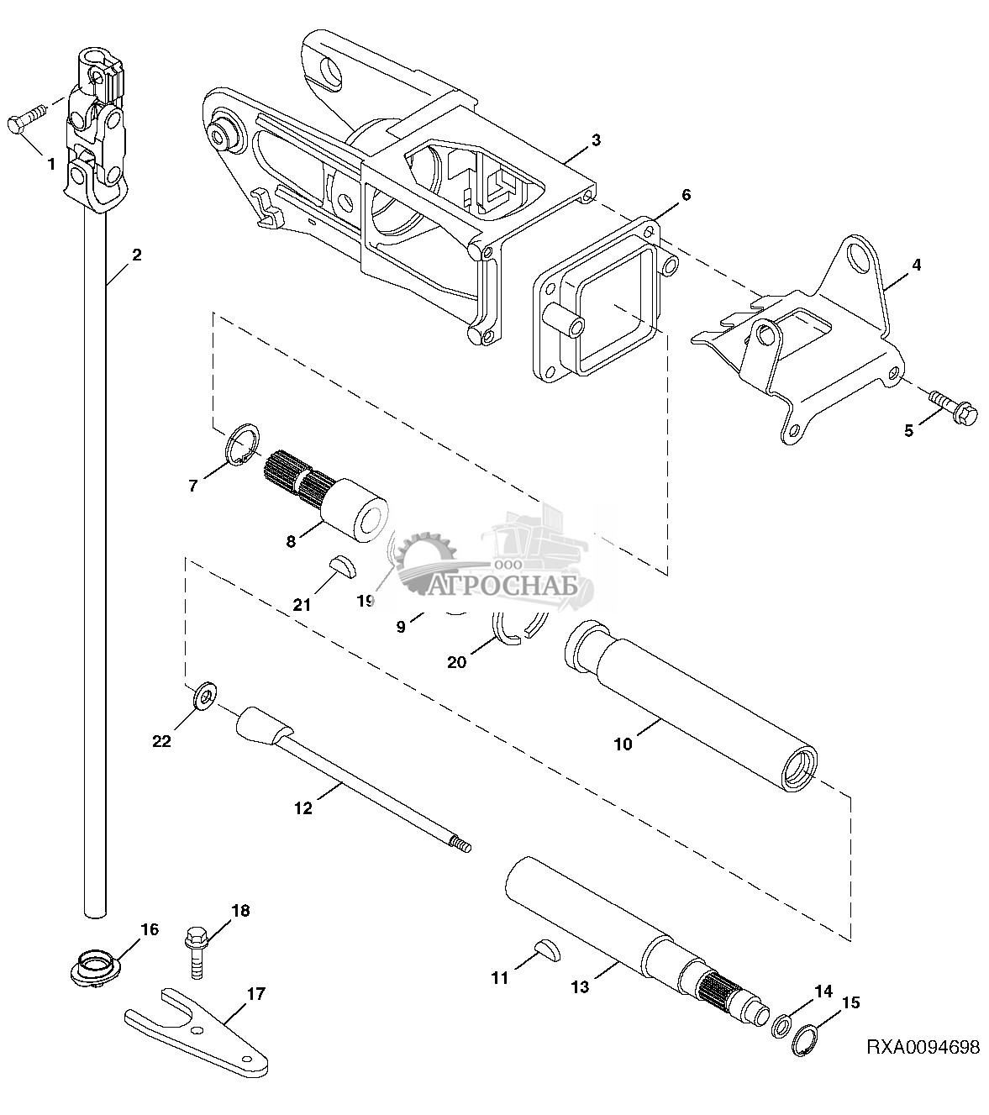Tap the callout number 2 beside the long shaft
136,255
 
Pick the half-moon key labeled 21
342,567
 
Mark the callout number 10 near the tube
623,744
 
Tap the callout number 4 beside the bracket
917,265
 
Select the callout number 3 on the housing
596,139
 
